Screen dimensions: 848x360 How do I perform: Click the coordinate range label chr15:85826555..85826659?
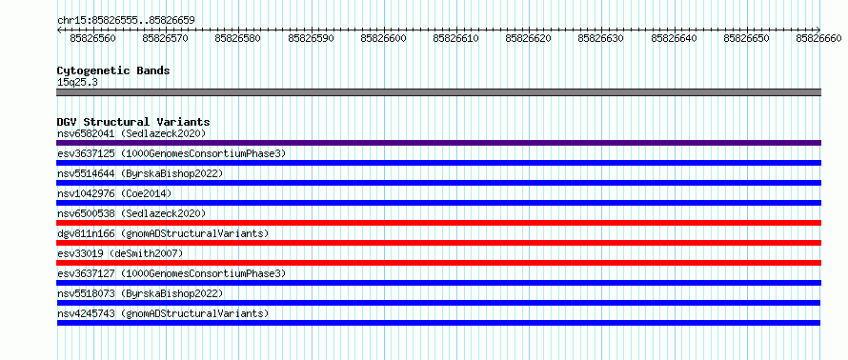(126, 21)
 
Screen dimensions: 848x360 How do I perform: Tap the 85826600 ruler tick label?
(383, 38)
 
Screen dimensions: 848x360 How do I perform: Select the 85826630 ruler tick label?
(600, 38)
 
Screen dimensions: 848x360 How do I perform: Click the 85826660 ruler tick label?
(818, 38)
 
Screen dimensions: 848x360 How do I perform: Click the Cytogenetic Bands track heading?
(113, 70)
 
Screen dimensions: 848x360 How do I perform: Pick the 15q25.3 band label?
(77, 83)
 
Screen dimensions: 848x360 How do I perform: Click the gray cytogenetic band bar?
(438, 92)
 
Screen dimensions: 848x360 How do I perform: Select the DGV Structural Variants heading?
(133, 122)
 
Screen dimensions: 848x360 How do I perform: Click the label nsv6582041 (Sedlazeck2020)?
(131, 133)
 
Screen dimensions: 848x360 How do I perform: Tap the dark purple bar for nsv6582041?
(438, 143)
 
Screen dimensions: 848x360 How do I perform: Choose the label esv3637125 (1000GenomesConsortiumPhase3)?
(172, 153)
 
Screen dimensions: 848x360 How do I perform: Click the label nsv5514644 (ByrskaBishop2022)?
(140, 173)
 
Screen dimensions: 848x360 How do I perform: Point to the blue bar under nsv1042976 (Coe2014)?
(438, 203)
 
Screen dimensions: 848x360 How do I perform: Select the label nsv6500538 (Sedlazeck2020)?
(131, 213)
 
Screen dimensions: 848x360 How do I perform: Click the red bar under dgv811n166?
(438, 243)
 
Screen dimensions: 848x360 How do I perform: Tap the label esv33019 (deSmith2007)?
(120, 253)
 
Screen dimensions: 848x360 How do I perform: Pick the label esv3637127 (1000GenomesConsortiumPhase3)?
(172, 273)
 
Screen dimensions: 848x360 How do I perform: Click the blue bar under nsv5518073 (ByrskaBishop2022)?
(438, 303)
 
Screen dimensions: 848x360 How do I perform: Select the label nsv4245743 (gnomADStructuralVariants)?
(163, 313)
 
